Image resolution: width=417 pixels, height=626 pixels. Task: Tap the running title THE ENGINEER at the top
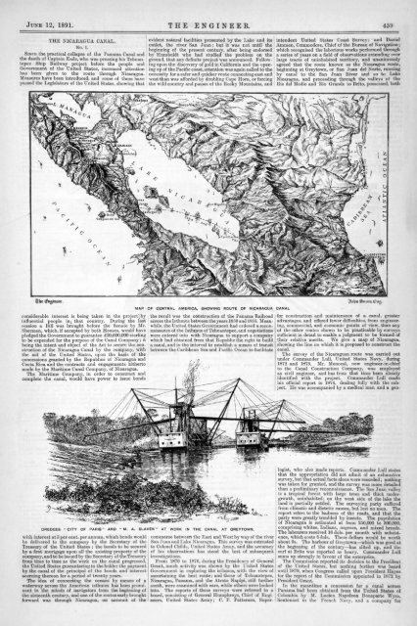pos(208,9)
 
